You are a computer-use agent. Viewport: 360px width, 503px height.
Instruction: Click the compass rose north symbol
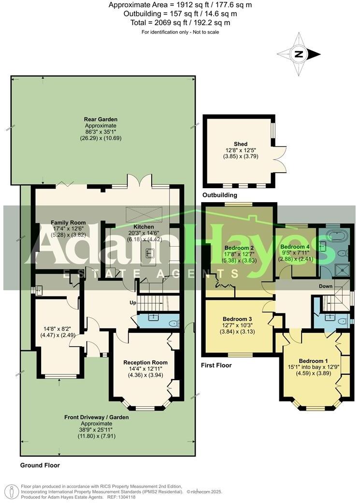299,54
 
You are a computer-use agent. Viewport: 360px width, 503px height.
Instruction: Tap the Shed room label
240,144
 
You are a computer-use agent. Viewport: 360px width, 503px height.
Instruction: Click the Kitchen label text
144,227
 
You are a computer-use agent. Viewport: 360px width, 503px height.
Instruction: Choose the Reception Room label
145,362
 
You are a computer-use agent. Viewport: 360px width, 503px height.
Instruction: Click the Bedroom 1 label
313,361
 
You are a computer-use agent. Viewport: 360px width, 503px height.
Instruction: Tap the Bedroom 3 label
237,319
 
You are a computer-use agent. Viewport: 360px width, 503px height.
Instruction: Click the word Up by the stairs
132,303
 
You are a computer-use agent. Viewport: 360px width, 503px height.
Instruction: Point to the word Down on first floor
325,286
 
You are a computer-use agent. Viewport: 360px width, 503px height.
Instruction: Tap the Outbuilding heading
220,195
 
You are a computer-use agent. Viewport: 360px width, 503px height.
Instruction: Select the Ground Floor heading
40,465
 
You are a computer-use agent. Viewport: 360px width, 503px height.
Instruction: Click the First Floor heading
216,366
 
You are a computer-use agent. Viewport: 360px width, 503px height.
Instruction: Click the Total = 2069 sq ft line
180,23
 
